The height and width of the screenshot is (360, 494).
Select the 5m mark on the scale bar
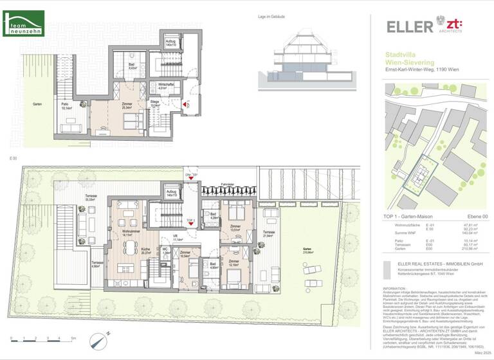coord(73,338)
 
